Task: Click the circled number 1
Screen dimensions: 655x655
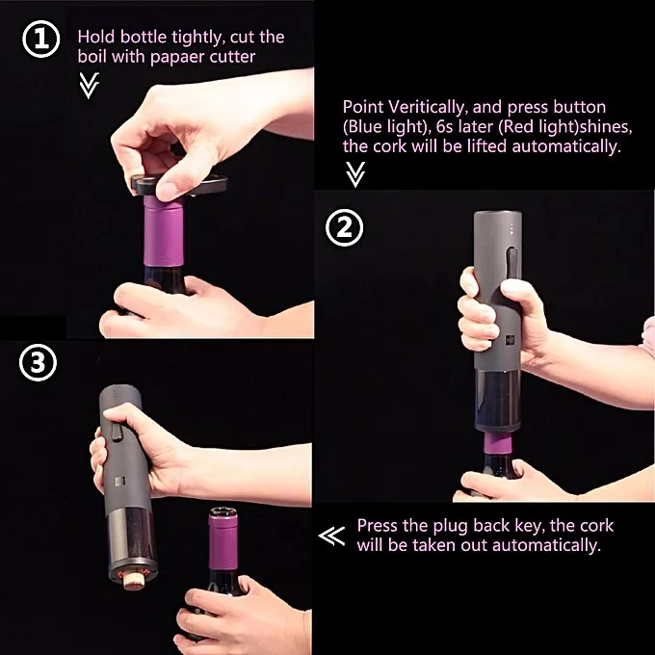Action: tap(40, 39)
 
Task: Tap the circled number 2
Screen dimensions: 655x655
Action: tap(344, 227)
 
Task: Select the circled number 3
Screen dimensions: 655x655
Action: tap(38, 362)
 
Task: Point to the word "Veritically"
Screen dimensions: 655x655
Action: tap(426, 107)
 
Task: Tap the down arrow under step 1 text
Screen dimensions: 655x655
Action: tap(89, 86)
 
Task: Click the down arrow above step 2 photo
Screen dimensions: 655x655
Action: tap(355, 174)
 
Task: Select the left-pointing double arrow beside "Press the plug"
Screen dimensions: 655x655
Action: tap(332, 536)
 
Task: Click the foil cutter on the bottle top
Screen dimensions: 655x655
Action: tap(179, 185)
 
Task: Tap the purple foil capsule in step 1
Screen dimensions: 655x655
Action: tap(164, 231)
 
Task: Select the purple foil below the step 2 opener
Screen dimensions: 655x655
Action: tap(498, 444)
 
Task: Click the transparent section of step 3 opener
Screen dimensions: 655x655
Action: tap(132, 536)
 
